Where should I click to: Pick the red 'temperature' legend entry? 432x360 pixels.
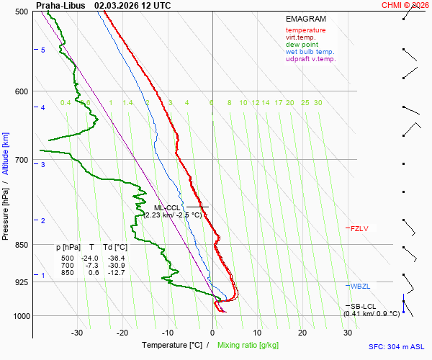click(305, 30)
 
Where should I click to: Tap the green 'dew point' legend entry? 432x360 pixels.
click(302, 45)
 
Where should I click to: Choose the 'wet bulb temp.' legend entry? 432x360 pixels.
click(310, 52)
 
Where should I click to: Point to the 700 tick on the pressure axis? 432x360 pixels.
click(22, 160)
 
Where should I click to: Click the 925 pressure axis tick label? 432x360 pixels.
click(22, 282)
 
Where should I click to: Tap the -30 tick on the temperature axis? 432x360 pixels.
click(77, 333)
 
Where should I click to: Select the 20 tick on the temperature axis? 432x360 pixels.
click(302, 333)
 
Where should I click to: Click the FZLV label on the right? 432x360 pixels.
click(359, 229)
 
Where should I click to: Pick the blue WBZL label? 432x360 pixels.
click(360, 287)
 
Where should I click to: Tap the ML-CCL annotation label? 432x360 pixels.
click(165, 207)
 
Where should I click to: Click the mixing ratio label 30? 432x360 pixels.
click(318, 103)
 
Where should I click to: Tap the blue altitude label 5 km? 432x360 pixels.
click(43, 50)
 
